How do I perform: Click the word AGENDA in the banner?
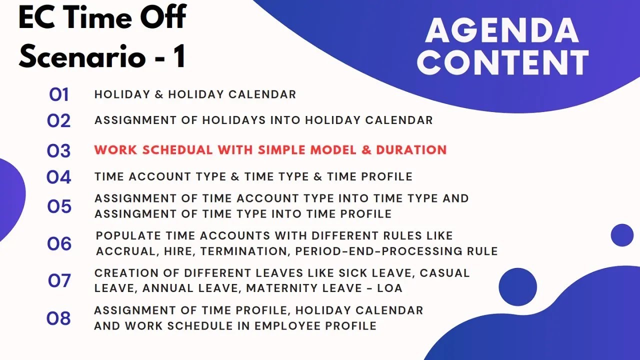(x=502, y=30)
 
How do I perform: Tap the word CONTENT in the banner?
(x=502, y=62)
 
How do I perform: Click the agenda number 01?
(x=58, y=94)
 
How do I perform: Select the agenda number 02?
(x=58, y=120)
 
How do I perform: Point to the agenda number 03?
(x=58, y=150)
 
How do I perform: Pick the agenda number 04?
(x=58, y=177)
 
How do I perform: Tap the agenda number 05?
(x=59, y=206)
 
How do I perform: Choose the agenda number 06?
(x=59, y=244)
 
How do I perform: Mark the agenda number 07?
(x=59, y=281)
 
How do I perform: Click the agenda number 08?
(x=58, y=318)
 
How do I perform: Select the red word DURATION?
(x=411, y=150)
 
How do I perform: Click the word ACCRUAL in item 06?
(x=127, y=251)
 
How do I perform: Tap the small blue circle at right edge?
(x=622, y=235)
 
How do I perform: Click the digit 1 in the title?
(x=179, y=56)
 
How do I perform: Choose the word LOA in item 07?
(x=389, y=288)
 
